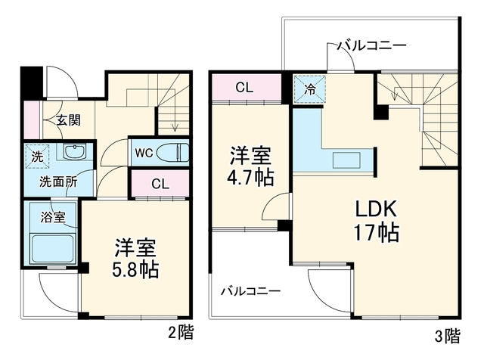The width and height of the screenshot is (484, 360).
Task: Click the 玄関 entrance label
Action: pyautogui.click(x=68, y=120)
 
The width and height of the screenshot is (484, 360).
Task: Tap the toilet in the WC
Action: pyautogui.click(x=172, y=153)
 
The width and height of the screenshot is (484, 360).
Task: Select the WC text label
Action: pyautogui.click(x=144, y=153)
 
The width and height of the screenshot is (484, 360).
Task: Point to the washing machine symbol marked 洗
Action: pyautogui.click(x=37, y=157)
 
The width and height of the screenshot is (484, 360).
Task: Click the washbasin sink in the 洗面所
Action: pyautogui.click(x=75, y=151)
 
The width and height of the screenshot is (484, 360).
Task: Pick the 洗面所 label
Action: pyautogui.click(x=58, y=182)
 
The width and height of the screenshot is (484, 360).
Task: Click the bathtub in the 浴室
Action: pyautogui.click(x=52, y=249)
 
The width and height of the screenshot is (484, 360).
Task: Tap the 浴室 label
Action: pyautogui.click(x=53, y=217)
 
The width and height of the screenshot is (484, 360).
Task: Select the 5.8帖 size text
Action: pyautogui.click(x=135, y=270)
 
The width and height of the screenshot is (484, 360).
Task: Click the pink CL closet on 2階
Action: pyautogui.click(x=160, y=183)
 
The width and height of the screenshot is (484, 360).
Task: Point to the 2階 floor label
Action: pyautogui.click(x=181, y=333)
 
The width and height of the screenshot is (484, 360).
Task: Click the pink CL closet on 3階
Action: pyautogui.click(x=245, y=88)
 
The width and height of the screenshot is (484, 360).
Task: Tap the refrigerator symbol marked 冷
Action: pyautogui.click(x=309, y=89)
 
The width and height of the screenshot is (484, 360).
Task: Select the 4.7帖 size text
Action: pyautogui.click(x=250, y=177)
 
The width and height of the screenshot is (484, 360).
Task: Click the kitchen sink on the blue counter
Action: pyautogui.click(x=346, y=160)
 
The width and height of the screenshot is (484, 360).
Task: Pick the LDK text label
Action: pyautogui.click(x=376, y=209)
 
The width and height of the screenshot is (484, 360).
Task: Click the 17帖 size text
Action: pyautogui.click(x=377, y=232)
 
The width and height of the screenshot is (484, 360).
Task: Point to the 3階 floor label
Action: pyautogui.click(x=448, y=336)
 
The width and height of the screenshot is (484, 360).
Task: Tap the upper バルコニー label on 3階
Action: pyautogui.click(x=371, y=46)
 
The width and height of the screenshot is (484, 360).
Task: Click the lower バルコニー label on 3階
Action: pyautogui.click(x=250, y=291)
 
